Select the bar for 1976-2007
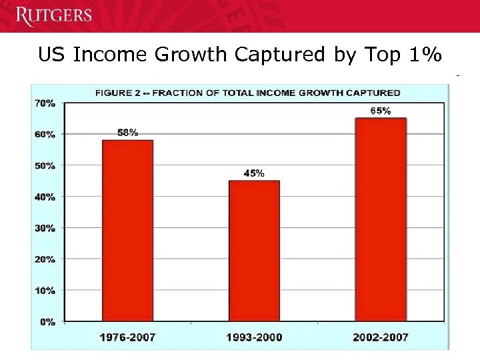pos(127,231)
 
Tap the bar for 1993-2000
pos(254,251)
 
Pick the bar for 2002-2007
pos(381,220)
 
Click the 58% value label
pos(127,133)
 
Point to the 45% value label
pos(254,173)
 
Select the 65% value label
pos(381,111)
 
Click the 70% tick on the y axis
pos(44,103)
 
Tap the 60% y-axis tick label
pos(44,134)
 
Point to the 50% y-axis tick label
pos(44,165)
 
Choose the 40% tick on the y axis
pos(44,197)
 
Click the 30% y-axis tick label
pos(44,228)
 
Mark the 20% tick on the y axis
pos(44,259)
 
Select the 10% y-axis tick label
pos(44,291)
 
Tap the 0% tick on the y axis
pos(47,322)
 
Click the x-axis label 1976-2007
pos(127,337)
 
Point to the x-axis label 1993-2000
pos(254,337)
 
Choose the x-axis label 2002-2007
pos(381,337)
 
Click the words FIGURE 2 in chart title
pos(118,93)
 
